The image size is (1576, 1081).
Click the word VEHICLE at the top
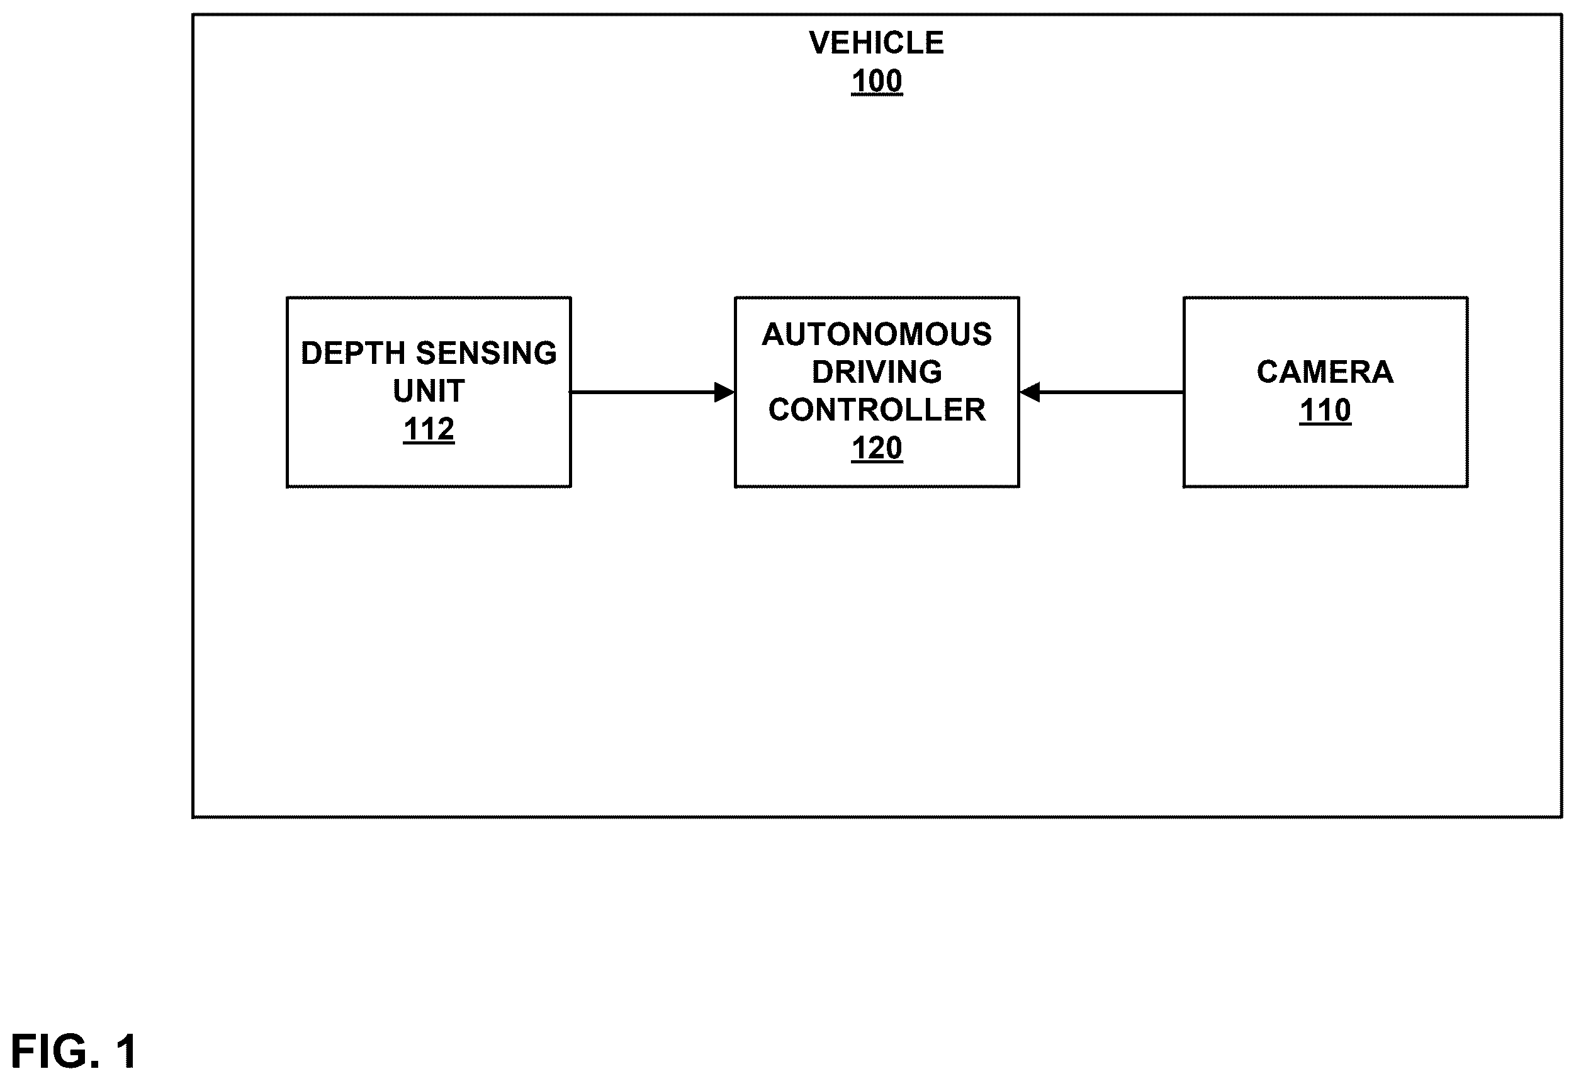(876, 43)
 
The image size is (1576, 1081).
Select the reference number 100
(877, 81)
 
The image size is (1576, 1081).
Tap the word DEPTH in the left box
(352, 353)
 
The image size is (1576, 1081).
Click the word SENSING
(485, 353)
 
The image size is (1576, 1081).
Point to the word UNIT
(429, 392)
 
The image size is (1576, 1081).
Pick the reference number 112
(429, 429)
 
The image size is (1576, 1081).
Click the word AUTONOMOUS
(877, 334)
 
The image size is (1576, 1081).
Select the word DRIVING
(877, 372)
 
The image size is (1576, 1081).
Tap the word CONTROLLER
(877, 410)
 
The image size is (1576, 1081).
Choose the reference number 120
(877, 448)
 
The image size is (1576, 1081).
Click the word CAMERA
(1325, 372)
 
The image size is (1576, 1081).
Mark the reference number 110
(1325, 410)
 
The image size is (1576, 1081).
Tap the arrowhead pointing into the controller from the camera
(1030, 392)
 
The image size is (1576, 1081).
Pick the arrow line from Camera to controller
(1101, 392)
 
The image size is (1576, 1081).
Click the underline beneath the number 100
(877, 95)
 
